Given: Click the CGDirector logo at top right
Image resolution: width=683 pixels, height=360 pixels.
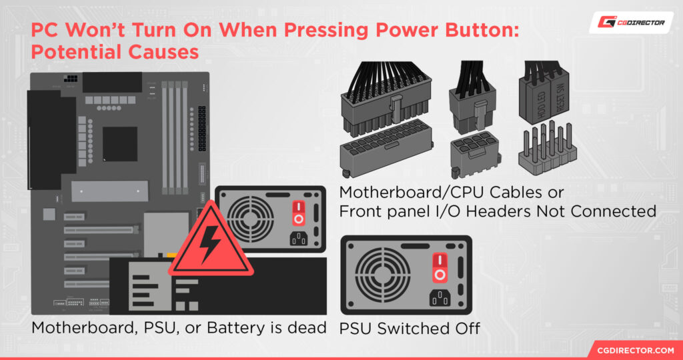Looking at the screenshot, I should coord(626,22).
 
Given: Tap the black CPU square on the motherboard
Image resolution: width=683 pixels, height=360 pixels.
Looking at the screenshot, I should coord(120,144).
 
